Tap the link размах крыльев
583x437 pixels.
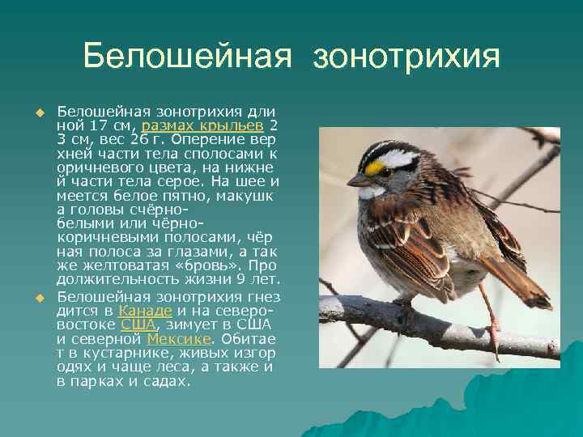click(x=202, y=125)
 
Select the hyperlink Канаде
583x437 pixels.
click(x=146, y=310)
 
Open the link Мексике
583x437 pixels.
click(x=177, y=339)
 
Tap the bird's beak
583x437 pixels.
click(x=356, y=179)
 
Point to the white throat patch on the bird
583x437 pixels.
click(x=373, y=192)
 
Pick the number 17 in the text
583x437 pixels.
click(x=100, y=125)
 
